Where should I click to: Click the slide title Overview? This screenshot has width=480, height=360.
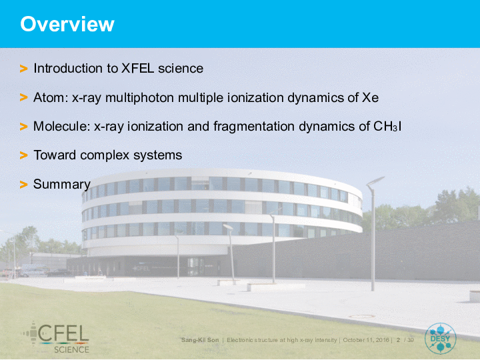click(67, 24)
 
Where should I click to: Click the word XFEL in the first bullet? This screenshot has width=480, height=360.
click(137, 68)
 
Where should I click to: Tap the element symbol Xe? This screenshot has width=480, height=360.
click(371, 97)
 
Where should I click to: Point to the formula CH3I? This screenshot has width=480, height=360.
click(387, 127)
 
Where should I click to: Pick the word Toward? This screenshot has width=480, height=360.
click(55, 155)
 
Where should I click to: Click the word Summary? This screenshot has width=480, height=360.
click(62, 184)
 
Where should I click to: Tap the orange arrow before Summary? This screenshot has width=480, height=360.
click(23, 185)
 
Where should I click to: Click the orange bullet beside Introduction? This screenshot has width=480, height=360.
click(23, 69)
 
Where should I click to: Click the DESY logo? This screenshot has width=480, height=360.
click(441, 339)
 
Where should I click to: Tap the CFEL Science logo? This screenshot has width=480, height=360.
click(55, 337)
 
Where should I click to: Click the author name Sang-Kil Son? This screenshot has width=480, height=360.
click(200, 340)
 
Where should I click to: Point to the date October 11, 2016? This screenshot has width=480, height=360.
click(366, 340)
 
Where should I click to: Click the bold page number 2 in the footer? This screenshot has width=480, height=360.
click(398, 340)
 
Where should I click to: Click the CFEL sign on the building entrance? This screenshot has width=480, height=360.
click(141, 269)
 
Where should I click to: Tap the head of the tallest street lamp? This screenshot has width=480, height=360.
click(375, 181)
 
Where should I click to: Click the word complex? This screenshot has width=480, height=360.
click(105, 155)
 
